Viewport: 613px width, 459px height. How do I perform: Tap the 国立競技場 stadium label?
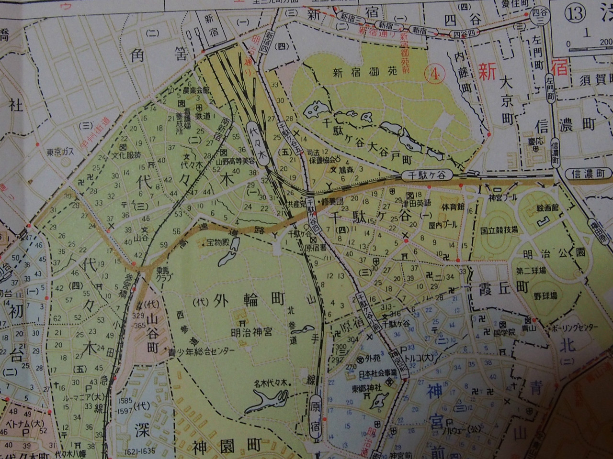point(499,229)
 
